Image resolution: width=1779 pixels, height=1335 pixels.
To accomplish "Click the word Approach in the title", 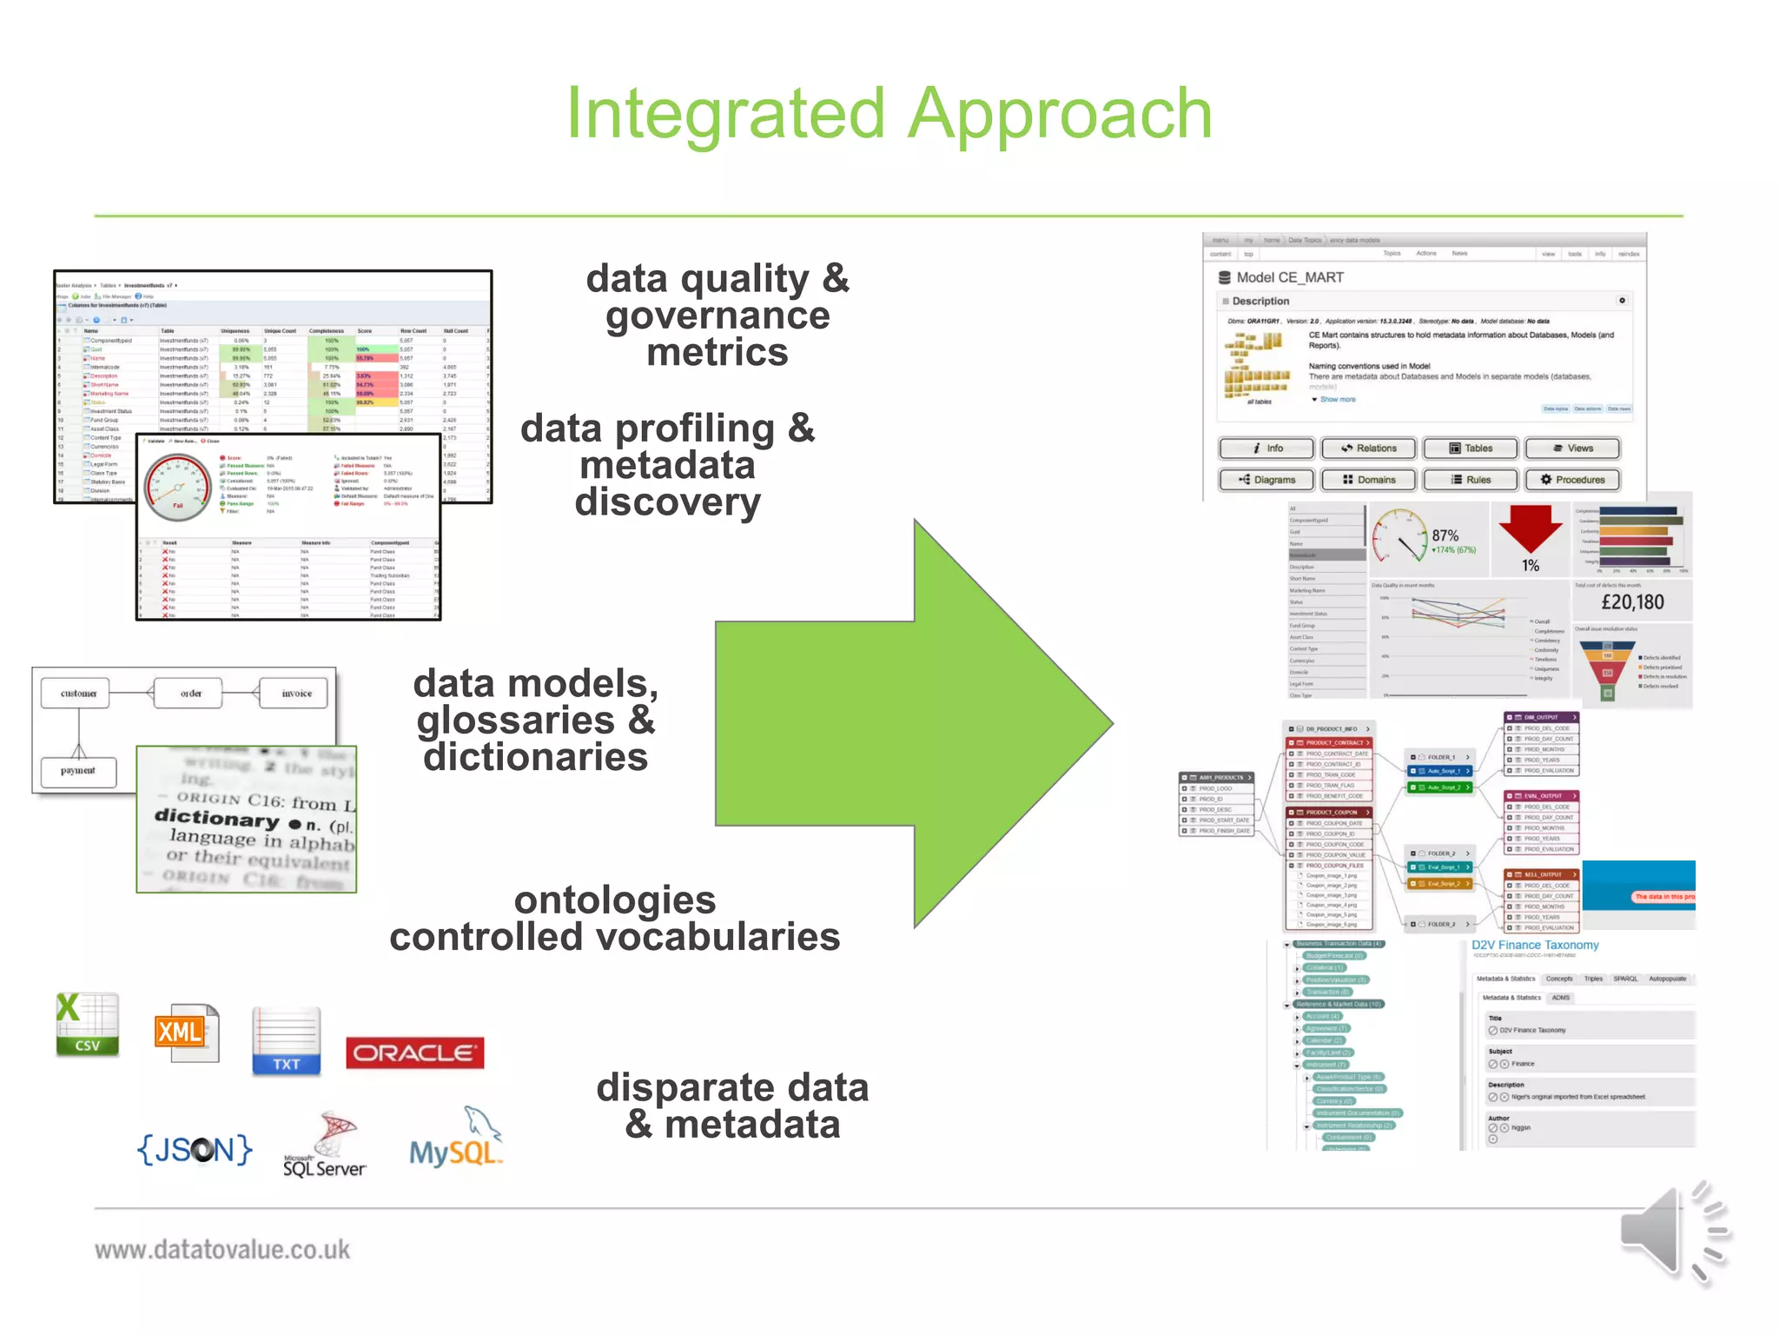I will point(1060,115).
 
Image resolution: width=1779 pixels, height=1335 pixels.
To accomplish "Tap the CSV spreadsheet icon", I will point(87,1024).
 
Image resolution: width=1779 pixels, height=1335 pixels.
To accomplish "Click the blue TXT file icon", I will point(286,1041).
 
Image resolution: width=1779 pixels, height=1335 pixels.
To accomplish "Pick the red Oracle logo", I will point(414,1053).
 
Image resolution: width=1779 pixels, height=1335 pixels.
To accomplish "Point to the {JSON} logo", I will point(195,1149).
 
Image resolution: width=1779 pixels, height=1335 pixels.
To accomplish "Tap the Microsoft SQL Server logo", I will point(325,1146).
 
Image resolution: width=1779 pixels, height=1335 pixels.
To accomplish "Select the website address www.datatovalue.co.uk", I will point(222,1250).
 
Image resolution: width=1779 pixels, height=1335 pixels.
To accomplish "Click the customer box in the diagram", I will point(78,694).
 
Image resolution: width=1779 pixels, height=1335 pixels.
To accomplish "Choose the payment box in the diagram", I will point(78,771).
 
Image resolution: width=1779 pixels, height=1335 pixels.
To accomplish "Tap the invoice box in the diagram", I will point(296,694).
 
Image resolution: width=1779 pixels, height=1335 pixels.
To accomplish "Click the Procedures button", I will point(1571,480).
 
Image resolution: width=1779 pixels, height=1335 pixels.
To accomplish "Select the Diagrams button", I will point(1266,480).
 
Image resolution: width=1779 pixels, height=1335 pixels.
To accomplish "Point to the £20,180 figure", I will point(1632,602).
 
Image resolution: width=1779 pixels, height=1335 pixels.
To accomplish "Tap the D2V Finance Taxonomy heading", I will point(1534,945).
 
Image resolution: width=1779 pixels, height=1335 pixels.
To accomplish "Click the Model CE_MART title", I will point(1289,277).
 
